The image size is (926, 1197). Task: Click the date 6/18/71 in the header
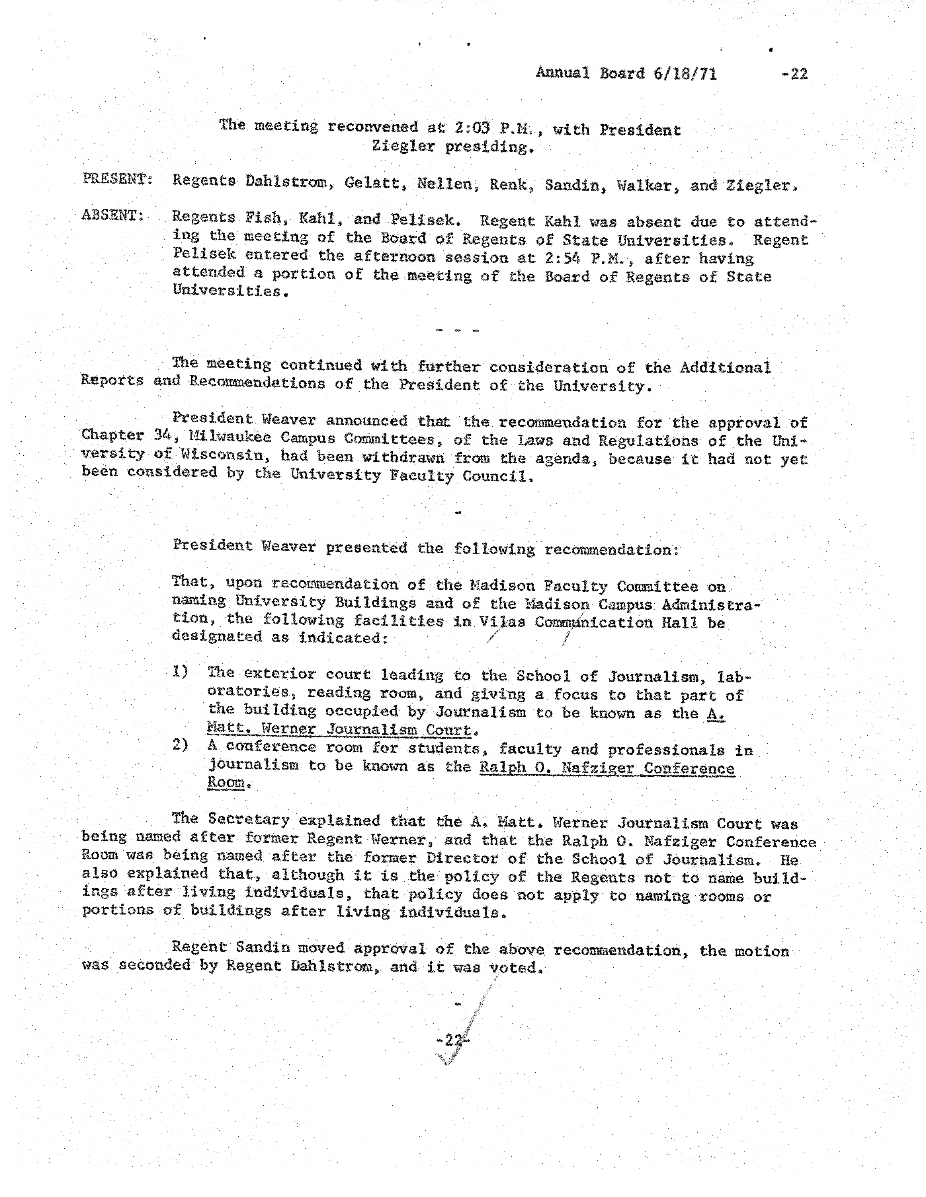point(685,73)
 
